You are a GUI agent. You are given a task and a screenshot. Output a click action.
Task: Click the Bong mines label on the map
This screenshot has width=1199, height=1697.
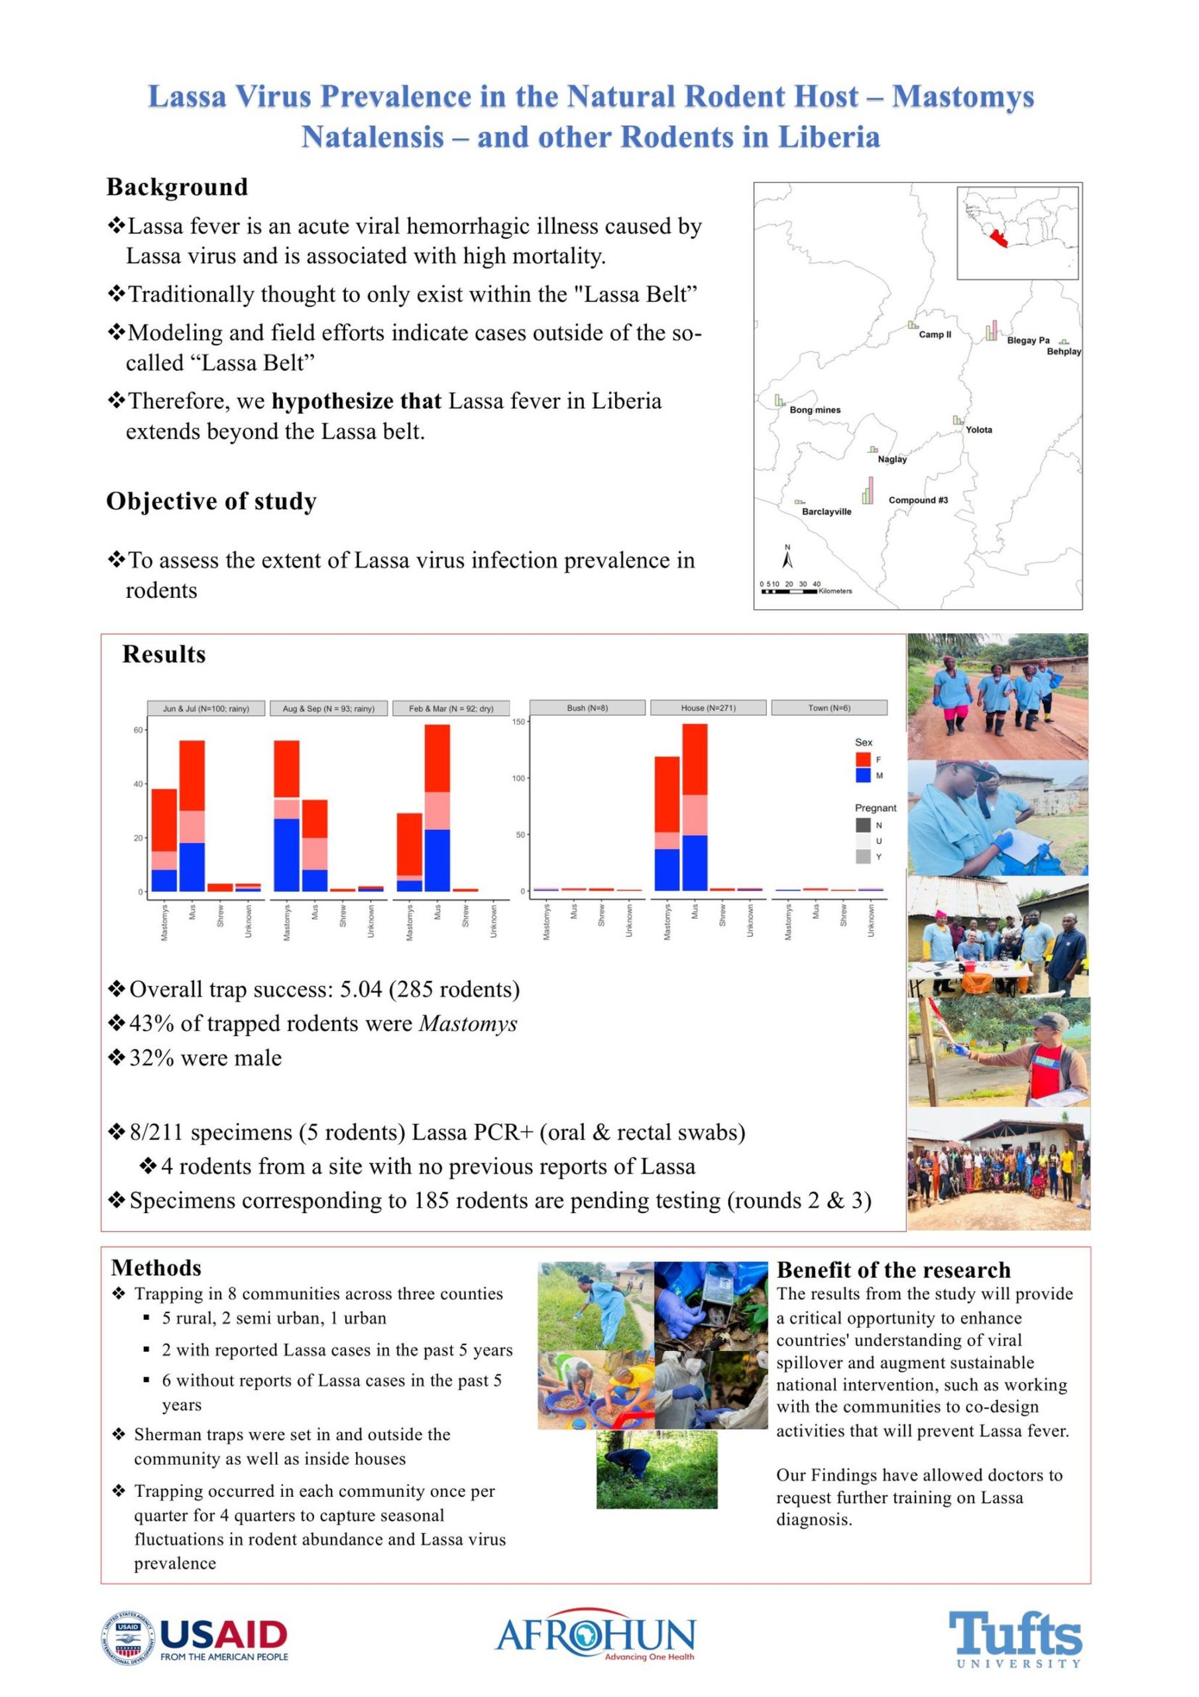(815, 410)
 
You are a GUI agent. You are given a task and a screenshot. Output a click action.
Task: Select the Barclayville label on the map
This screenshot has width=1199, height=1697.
(827, 512)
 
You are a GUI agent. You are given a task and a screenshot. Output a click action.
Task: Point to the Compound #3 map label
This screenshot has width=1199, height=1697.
(917, 500)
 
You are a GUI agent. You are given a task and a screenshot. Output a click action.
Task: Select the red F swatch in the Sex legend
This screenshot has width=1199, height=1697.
(863, 759)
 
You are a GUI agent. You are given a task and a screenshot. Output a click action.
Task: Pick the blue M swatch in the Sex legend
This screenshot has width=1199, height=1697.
(863, 776)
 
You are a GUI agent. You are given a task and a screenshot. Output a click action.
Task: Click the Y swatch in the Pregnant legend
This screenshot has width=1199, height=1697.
(863, 856)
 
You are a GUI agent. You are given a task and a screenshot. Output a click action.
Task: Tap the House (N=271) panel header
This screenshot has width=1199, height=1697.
(708, 707)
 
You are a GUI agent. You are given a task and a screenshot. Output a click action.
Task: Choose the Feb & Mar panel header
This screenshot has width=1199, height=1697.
(451, 708)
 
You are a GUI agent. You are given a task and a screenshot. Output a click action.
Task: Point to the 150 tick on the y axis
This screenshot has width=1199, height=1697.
(519, 721)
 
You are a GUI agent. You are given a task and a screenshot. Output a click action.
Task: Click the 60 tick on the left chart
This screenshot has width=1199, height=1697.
(137, 731)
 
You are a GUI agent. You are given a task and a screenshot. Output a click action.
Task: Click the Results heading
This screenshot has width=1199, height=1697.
(164, 654)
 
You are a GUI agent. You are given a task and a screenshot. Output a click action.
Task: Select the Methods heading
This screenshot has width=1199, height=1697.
(156, 1267)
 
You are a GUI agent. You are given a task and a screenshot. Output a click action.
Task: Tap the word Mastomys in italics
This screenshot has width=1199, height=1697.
(468, 1024)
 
